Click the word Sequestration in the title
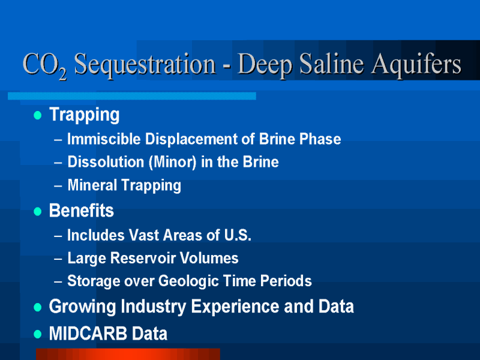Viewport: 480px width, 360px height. pos(145,65)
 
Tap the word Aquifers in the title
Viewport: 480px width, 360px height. pos(416,65)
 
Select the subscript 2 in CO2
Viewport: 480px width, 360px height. pos(63,74)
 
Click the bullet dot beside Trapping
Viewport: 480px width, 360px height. pos(38,115)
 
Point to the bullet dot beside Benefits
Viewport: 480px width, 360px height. pos(38,212)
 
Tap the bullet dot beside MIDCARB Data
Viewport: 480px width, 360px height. pos(38,334)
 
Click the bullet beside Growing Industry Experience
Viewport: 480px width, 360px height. pos(38,307)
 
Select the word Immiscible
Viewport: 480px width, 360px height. pos(104,139)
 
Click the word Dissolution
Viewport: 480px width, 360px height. pos(106,162)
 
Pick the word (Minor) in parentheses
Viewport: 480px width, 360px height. pos(172,162)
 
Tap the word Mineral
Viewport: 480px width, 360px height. pos(92,185)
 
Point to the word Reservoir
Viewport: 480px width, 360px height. pos(143,258)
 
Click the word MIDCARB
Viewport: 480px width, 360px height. pos(88,334)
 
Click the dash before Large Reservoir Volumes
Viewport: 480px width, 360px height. pos(58,259)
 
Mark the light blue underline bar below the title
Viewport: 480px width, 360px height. pos(132,96)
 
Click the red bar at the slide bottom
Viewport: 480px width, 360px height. pos(128,354)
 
